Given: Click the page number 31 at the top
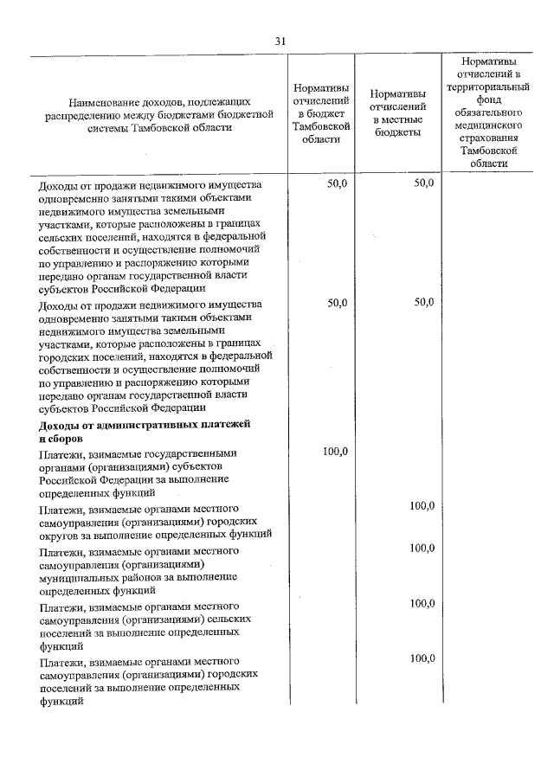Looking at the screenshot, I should (280, 41).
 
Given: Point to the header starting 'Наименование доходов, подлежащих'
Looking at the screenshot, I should (161, 113).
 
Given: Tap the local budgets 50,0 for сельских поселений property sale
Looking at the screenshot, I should (423, 183).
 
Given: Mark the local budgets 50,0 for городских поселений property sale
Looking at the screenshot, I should (423, 302).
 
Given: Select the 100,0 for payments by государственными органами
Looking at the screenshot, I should (334, 451).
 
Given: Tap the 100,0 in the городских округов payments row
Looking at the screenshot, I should (422, 506).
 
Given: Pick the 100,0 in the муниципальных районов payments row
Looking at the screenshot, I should (422, 549).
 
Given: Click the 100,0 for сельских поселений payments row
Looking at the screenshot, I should (422, 603).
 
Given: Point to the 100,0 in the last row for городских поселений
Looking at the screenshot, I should (422, 658).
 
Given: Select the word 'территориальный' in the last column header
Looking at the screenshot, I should (489, 87).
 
